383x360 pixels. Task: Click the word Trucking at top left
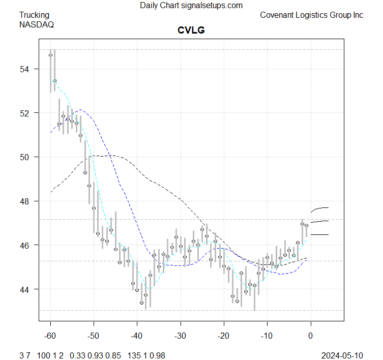coord(35,15)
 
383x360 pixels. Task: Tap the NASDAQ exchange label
coord(36,24)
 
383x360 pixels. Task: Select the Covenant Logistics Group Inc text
coord(311,15)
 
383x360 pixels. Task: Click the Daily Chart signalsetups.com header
coord(191,6)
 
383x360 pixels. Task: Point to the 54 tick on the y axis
coord(26,69)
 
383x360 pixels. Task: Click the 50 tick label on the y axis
coord(26,157)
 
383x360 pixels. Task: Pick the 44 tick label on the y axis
coord(26,289)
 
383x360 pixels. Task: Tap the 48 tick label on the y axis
coord(26,201)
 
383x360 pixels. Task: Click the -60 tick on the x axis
coord(51,337)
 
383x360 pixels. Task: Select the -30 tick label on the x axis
coord(180,337)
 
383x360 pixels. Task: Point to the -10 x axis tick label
coord(267,337)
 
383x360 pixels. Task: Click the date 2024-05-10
coord(343,354)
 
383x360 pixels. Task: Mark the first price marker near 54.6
coord(51,55)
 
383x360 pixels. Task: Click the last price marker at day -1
coord(306,225)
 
